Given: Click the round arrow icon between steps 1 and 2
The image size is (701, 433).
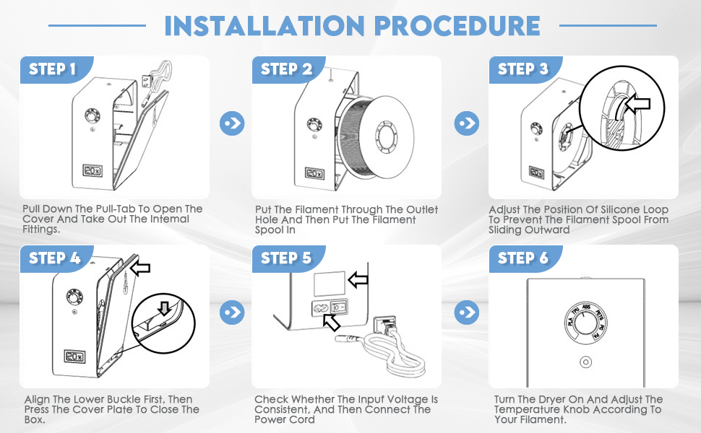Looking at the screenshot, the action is pos(232,123).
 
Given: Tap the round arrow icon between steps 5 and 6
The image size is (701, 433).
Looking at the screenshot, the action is pos(467,312).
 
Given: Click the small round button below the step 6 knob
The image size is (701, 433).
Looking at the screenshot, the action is pos(585,362).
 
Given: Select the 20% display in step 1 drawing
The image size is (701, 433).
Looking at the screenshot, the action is pos(93,170).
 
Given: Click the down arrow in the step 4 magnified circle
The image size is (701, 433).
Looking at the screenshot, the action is pos(165,308).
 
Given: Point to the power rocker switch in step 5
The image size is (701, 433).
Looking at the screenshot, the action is pos(339,307).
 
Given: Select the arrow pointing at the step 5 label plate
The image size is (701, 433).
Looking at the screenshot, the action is pos(358,280).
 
